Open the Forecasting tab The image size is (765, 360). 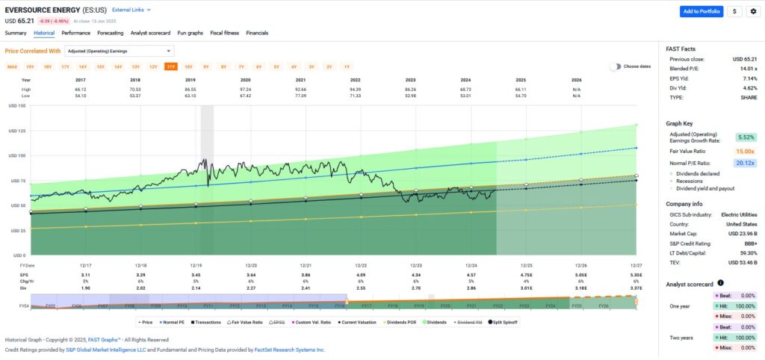[110, 33]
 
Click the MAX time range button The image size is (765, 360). [13, 66]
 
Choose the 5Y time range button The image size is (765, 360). [205, 66]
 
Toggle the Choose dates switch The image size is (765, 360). [615, 66]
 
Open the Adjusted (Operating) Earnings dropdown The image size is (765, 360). [120, 51]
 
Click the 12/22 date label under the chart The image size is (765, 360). [360, 265]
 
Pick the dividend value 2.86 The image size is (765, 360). [471, 288]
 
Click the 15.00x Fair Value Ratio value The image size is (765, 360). [746, 151]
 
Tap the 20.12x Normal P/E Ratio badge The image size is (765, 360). [746, 163]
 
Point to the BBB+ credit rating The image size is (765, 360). [750, 243]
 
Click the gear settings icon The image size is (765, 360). [752, 11]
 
